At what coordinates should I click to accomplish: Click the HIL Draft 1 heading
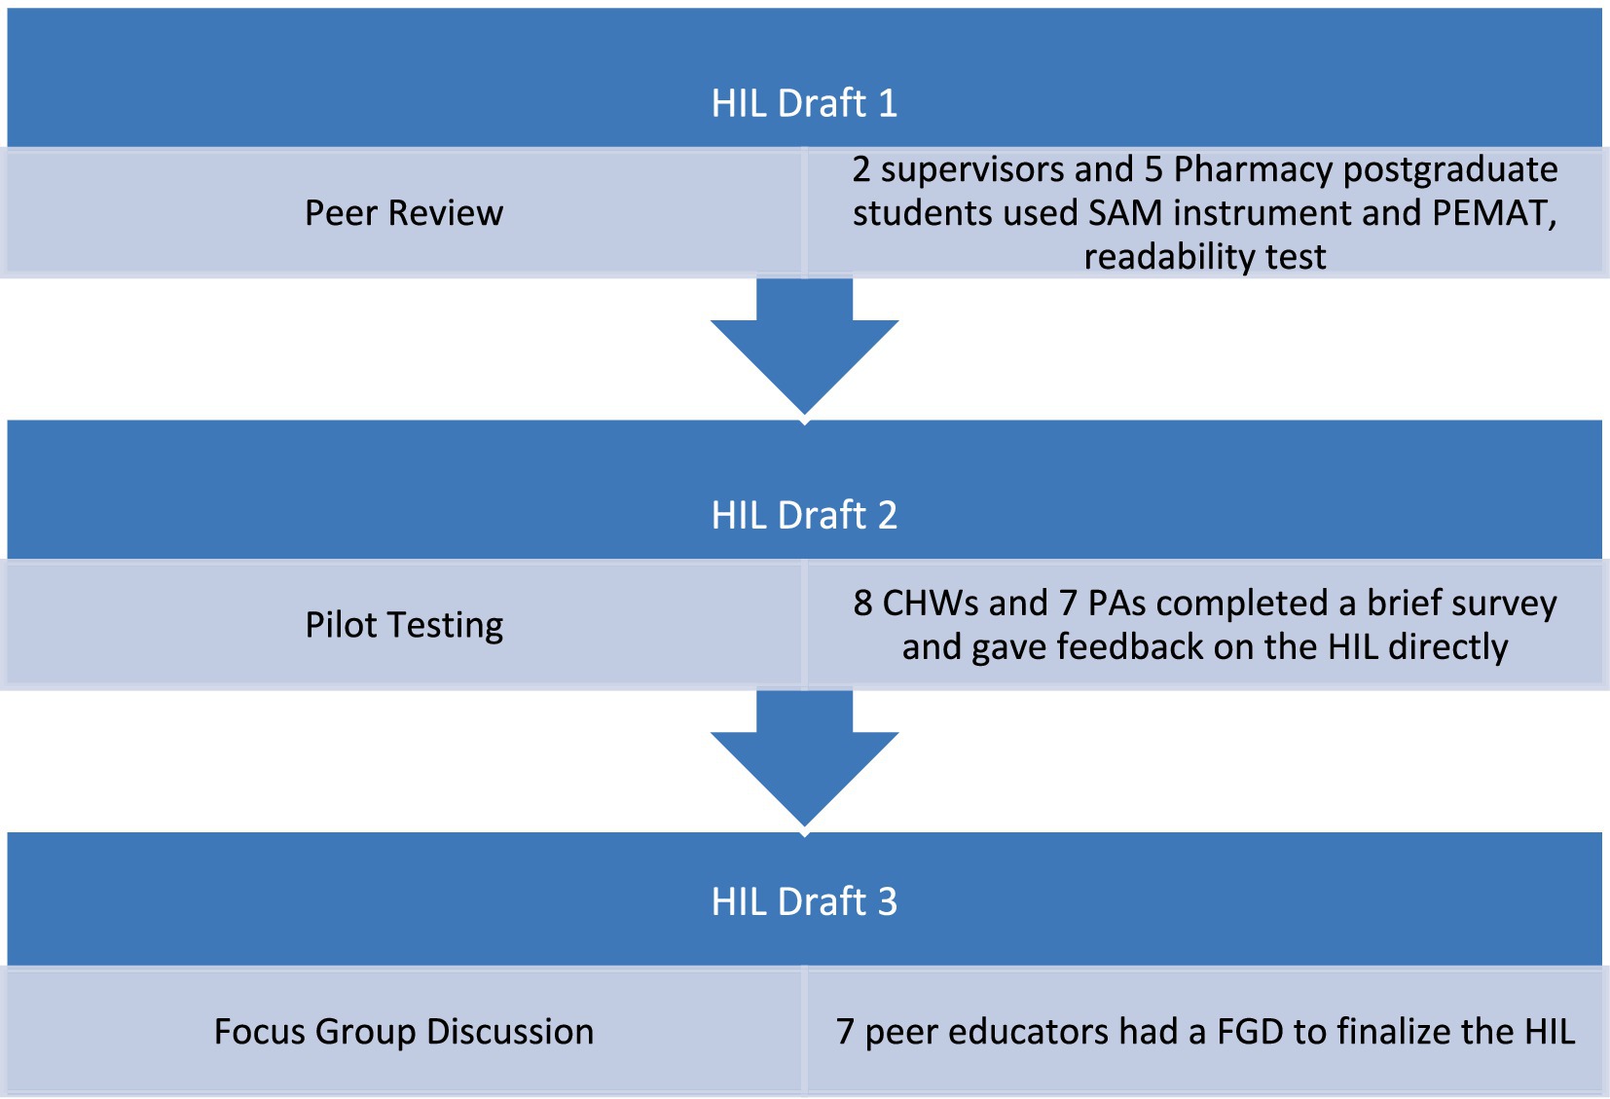pyautogui.click(x=804, y=103)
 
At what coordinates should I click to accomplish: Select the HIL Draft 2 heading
pyautogui.click(x=804, y=515)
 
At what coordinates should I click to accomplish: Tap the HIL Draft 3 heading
pyautogui.click(x=804, y=901)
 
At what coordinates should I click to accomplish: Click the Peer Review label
pyautogui.click(x=404, y=213)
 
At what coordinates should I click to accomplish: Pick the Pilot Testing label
pyautogui.click(x=404, y=625)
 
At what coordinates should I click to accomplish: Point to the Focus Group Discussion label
pyautogui.click(x=404, y=1032)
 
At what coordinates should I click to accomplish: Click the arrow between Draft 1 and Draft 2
pyautogui.click(x=804, y=346)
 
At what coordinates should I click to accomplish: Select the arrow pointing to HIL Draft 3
pyautogui.click(x=804, y=757)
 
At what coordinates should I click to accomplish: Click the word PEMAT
pyautogui.click(x=1494, y=213)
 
